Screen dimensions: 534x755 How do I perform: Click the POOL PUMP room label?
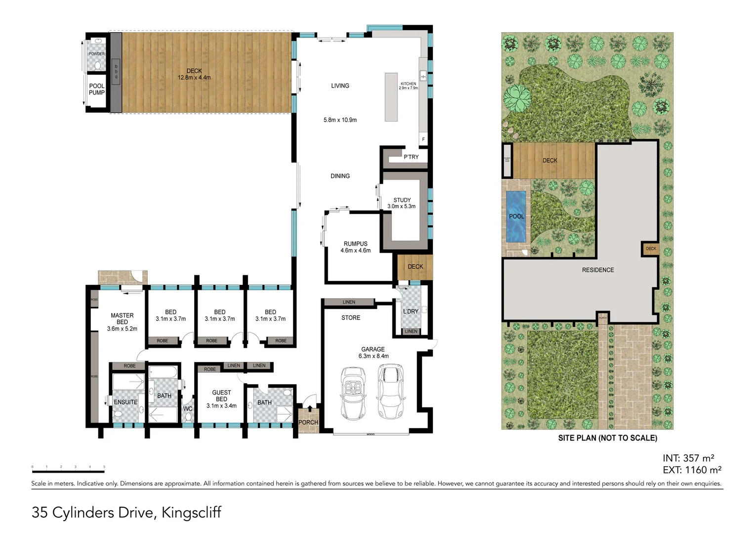click(x=96, y=89)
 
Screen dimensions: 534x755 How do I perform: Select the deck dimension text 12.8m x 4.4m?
click(x=194, y=78)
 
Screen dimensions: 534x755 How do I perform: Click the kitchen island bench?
click(x=391, y=97)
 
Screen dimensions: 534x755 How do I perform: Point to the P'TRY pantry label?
click(x=411, y=157)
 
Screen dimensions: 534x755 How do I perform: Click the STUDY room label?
click(x=402, y=200)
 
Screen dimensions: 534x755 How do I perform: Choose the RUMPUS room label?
click(x=355, y=244)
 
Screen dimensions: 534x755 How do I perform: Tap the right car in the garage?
click(x=390, y=391)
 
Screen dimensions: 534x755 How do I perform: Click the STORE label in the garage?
click(x=351, y=318)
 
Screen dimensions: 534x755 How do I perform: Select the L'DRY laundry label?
click(x=411, y=311)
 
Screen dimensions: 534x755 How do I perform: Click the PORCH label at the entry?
click(x=308, y=422)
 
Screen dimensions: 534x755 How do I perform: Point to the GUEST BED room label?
click(x=221, y=396)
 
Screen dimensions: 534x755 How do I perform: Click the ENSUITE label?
click(x=126, y=402)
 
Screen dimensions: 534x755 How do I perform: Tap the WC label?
click(x=188, y=409)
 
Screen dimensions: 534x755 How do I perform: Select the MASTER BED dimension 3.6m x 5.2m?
click(x=122, y=329)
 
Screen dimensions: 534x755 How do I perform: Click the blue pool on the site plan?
click(x=516, y=217)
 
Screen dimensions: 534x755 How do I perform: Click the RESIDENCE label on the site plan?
click(x=598, y=270)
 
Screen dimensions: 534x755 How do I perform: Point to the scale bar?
click(x=68, y=467)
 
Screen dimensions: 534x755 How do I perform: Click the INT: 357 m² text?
click(x=688, y=458)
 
